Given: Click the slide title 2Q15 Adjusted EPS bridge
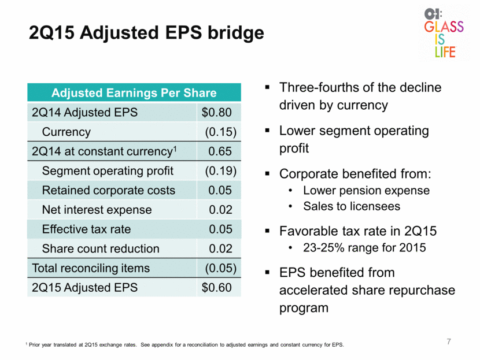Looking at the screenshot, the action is point(146,33).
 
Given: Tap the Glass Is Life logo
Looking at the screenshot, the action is point(444,34).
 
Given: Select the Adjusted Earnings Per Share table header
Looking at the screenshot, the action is point(134,92).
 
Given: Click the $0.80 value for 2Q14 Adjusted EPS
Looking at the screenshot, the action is point(216,112).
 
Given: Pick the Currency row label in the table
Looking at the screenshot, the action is point(67,132).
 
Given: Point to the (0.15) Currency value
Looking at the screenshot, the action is point(221,132).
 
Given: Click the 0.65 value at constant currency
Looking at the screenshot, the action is point(220,151).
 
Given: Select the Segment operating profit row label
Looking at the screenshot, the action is point(108,171).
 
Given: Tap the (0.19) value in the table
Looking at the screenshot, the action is point(221,170).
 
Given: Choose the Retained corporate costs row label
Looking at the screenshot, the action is point(109,190).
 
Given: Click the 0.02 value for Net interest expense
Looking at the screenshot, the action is point(220,210).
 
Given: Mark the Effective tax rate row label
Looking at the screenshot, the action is point(86,229).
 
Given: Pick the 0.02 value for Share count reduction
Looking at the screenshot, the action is point(220,248).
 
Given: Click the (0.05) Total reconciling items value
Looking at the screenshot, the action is point(221,268).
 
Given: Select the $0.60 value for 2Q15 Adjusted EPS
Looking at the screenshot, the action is point(216,288).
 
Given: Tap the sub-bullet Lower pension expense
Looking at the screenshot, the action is point(367,191).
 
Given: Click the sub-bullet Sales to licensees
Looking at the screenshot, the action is point(352,206).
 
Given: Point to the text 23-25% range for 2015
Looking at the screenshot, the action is point(364,247).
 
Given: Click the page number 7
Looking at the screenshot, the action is point(449,342).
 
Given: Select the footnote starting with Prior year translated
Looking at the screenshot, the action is point(185,345).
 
